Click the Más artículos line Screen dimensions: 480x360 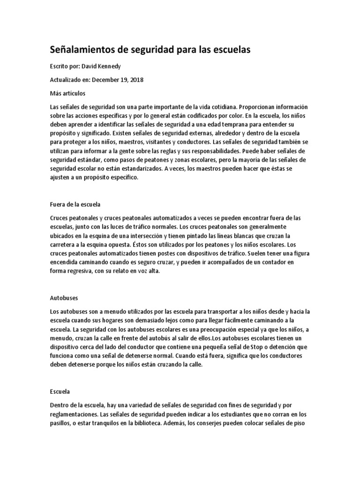point(67,93)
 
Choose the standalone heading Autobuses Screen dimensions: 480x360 point(64,298)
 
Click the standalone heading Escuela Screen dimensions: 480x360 point(60,390)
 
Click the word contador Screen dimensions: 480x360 point(269,262)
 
